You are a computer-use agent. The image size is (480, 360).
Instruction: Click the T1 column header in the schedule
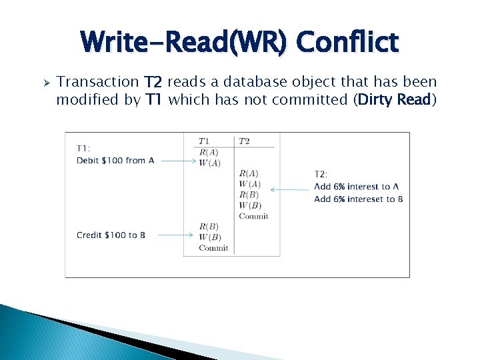(204, 141)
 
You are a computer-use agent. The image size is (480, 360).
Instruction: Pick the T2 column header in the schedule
(244, 141)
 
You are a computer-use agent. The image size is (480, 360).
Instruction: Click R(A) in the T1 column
(209, 153)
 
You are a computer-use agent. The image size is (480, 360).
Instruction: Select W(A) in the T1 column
(209, 163)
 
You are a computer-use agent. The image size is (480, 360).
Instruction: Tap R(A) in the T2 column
(249, 173)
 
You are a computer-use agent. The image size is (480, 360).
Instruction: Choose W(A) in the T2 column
(250, 184)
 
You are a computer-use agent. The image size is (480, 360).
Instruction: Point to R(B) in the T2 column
(249, 195)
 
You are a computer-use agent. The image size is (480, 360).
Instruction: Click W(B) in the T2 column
(250, 205)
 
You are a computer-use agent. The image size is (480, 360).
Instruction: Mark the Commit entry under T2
(253, 216)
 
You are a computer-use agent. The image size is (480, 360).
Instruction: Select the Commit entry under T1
(213, 248)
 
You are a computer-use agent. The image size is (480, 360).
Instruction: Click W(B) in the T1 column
(209, 237)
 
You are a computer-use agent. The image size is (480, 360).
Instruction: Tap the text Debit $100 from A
(115, 161)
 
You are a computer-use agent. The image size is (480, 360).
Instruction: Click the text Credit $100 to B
(111, 235)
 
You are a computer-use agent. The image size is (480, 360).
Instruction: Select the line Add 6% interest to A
(356, 187)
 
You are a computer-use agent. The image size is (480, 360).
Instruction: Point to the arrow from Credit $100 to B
(178, 235)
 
